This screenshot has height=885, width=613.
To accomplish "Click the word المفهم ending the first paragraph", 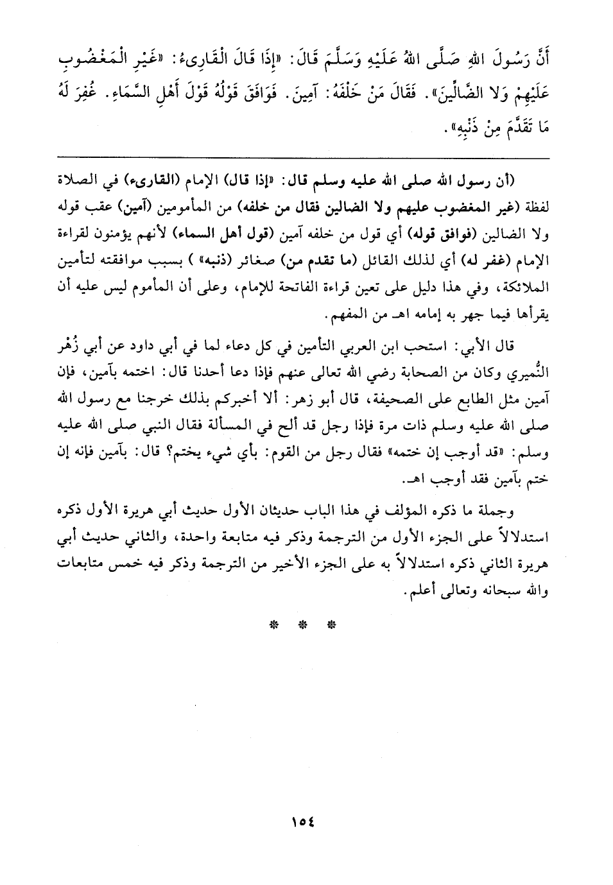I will [x=347, y=318].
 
